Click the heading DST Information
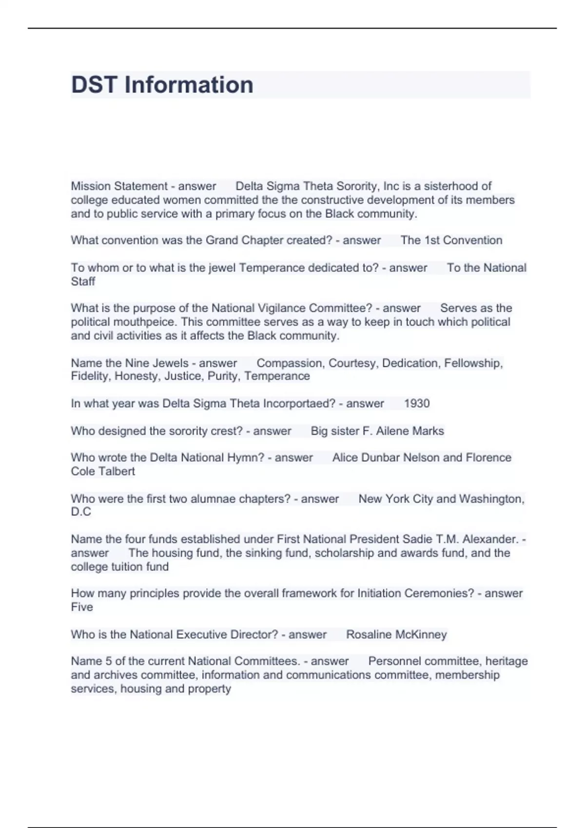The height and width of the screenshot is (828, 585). pyautogui.click(x=162, y=85)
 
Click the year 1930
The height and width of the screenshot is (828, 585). pyautogui.click(x=417, y=403)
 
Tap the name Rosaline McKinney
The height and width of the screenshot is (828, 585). pyautogui.click(x=396, y=635)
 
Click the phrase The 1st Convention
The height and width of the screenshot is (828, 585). pyautogui.click(x=451, y=240)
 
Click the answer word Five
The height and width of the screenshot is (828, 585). pyautogui.click(x=82, y=607)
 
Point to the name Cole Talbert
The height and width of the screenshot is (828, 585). pyautogui.click(x=103, y=471)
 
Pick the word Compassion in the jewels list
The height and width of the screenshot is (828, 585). pyautogui.click(x=290, y=363)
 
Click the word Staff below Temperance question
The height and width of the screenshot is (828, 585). pyautogui.click(x=83, y=282)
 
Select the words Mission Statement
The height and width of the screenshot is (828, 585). pyautogui.click(x=119, y=186)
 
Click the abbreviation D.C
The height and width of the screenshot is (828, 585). pyautogui.click(x=81, y=512)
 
